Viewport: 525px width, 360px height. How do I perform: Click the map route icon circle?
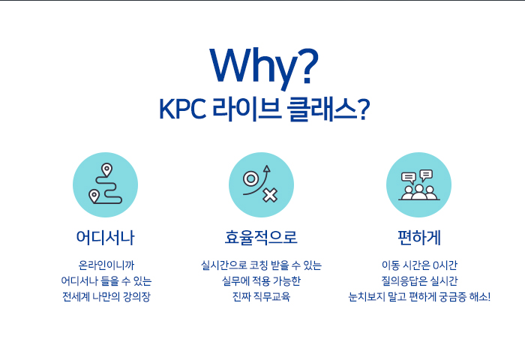[x=105, y=184]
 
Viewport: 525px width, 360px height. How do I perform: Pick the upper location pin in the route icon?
[x=106, y=170]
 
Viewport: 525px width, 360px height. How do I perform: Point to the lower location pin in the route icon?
[x=94, y=196]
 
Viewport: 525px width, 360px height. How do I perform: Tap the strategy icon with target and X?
[x=261, y=184]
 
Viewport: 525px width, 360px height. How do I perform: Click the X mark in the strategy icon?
[x=270, y=196]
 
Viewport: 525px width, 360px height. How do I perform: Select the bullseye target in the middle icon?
[x=251, y=178]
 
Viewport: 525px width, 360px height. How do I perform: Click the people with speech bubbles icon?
[x=418, y=184]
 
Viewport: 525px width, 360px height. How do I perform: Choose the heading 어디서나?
[x=105, y=238]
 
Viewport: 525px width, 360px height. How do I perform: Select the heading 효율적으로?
[x=261, y=238]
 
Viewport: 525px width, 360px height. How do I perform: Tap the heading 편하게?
[x=418, y=238]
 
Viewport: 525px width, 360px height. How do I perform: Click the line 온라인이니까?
[x=106, y=265]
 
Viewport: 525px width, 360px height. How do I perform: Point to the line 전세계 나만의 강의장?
[x=106, y=296]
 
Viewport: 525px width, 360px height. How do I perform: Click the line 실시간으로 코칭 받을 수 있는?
[x=261, y=265]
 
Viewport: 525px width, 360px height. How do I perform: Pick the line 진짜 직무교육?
[x=261, y=296]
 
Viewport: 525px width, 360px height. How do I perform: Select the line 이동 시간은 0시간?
[x=419, y=265]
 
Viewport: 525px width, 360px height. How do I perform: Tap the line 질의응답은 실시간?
[x=419, y=281]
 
